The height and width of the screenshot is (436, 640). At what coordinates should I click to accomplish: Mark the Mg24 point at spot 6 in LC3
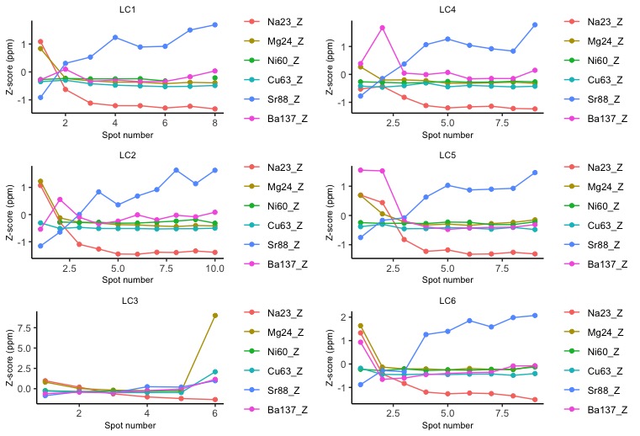coord(215,315)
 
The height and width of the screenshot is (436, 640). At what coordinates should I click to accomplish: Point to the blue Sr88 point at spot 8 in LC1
coord(215,24)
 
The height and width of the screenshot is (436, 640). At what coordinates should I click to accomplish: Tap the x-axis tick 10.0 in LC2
coord(215,269)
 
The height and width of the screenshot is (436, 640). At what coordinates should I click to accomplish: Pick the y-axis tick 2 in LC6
coord(337,317)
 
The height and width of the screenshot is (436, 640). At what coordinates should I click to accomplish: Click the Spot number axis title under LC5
coord(448,280)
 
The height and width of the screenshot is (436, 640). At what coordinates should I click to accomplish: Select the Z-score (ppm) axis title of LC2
coord(9,212)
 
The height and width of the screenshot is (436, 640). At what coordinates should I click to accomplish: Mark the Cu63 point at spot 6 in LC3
coord(215,371)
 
